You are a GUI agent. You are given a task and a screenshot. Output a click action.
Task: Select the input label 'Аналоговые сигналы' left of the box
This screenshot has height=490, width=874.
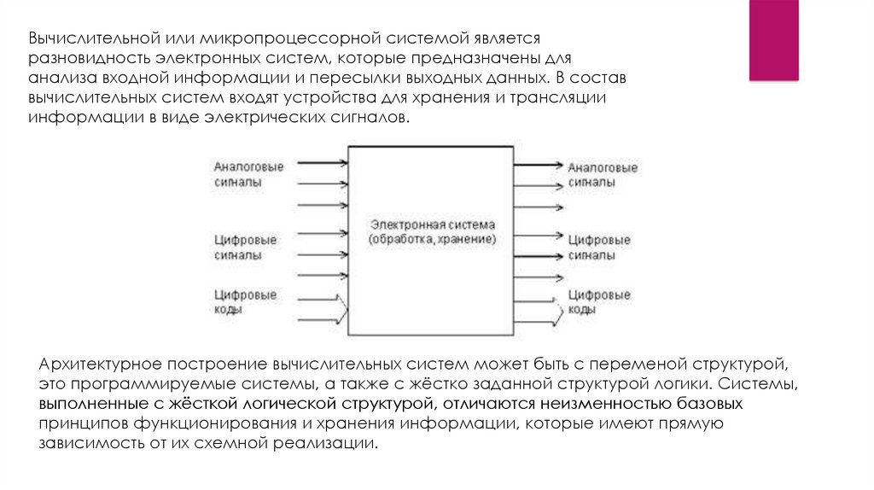coord(248,174)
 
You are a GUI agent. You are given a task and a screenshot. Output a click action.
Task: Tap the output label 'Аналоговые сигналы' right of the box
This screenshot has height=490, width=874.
coord(603,175)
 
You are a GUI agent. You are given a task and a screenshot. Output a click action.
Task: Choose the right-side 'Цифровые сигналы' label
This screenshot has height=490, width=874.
coord(599,248)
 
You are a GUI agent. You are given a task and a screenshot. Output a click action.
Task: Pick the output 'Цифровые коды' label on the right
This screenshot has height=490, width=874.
coord(598,302)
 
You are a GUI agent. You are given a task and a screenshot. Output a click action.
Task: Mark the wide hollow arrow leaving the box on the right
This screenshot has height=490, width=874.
coord(538,307)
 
